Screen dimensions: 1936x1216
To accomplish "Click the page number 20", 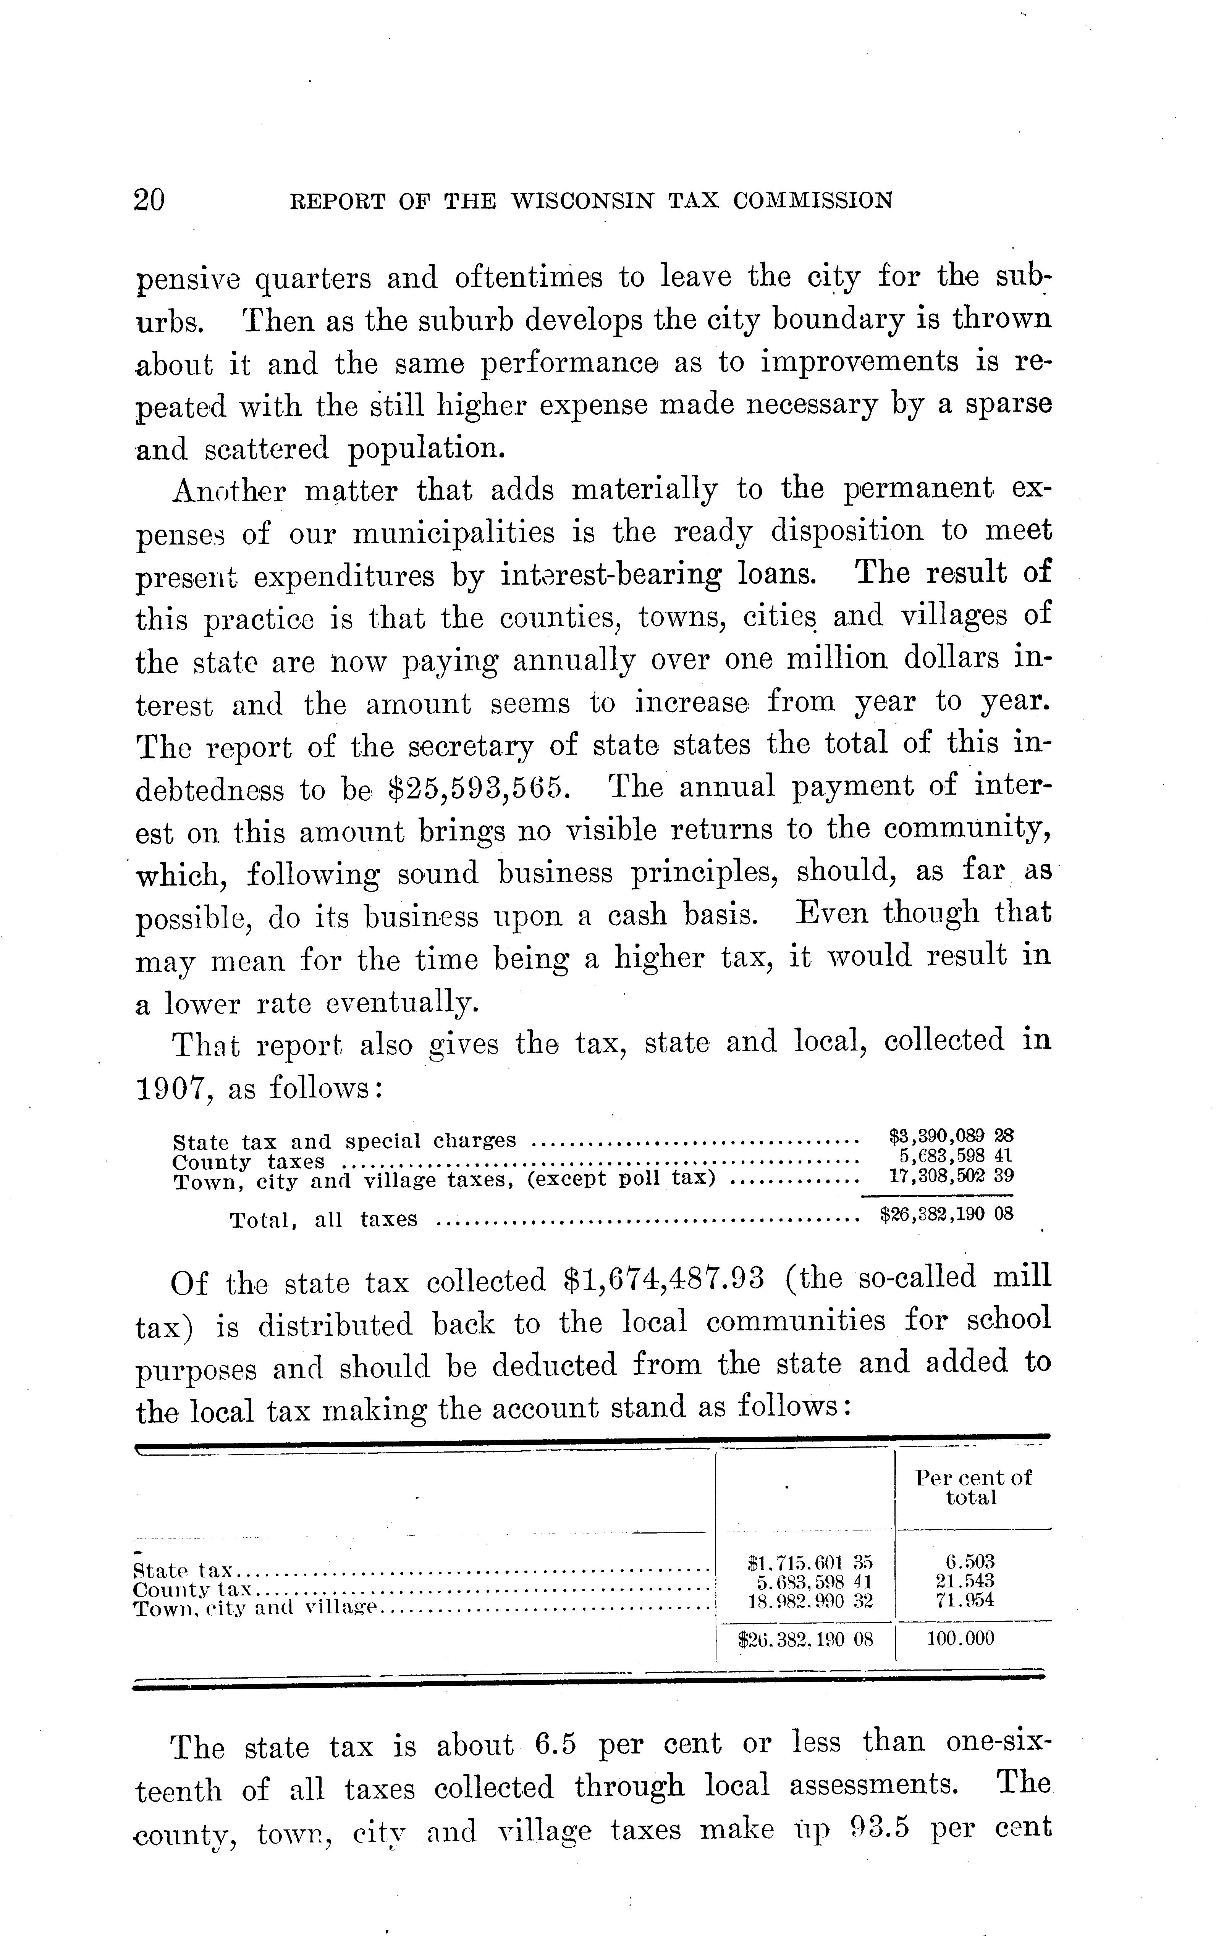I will coord(150,199).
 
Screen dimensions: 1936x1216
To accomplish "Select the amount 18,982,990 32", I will coord(808,1601).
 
